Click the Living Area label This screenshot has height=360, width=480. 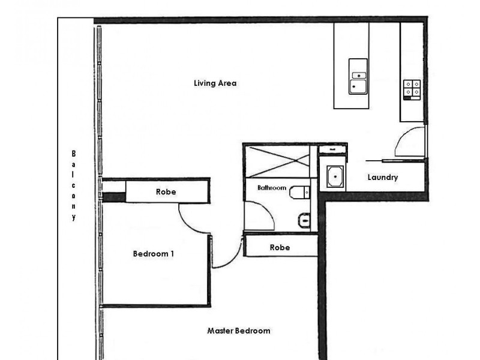click(215, 83)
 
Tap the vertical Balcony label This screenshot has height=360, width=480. click(73, 185)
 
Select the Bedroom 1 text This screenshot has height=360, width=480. click(154, 254)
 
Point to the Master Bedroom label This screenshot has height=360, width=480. click(239, 331)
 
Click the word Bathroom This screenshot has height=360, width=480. click(272, 188)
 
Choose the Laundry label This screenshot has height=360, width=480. click(383, 177)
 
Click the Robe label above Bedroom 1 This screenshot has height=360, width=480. click(166, 192)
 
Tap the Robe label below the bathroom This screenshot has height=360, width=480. click(280, 247)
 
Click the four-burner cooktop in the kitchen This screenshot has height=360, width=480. click(412, 89)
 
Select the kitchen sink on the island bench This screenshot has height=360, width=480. click(358, 77)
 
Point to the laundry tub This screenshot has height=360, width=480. click(335, 176)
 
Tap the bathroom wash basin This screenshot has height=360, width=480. click(304, 220)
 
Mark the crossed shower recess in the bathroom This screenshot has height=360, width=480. click(278, 161)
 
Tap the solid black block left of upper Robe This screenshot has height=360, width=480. click(113, 197)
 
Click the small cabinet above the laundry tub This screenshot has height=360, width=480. click(332, 149)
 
